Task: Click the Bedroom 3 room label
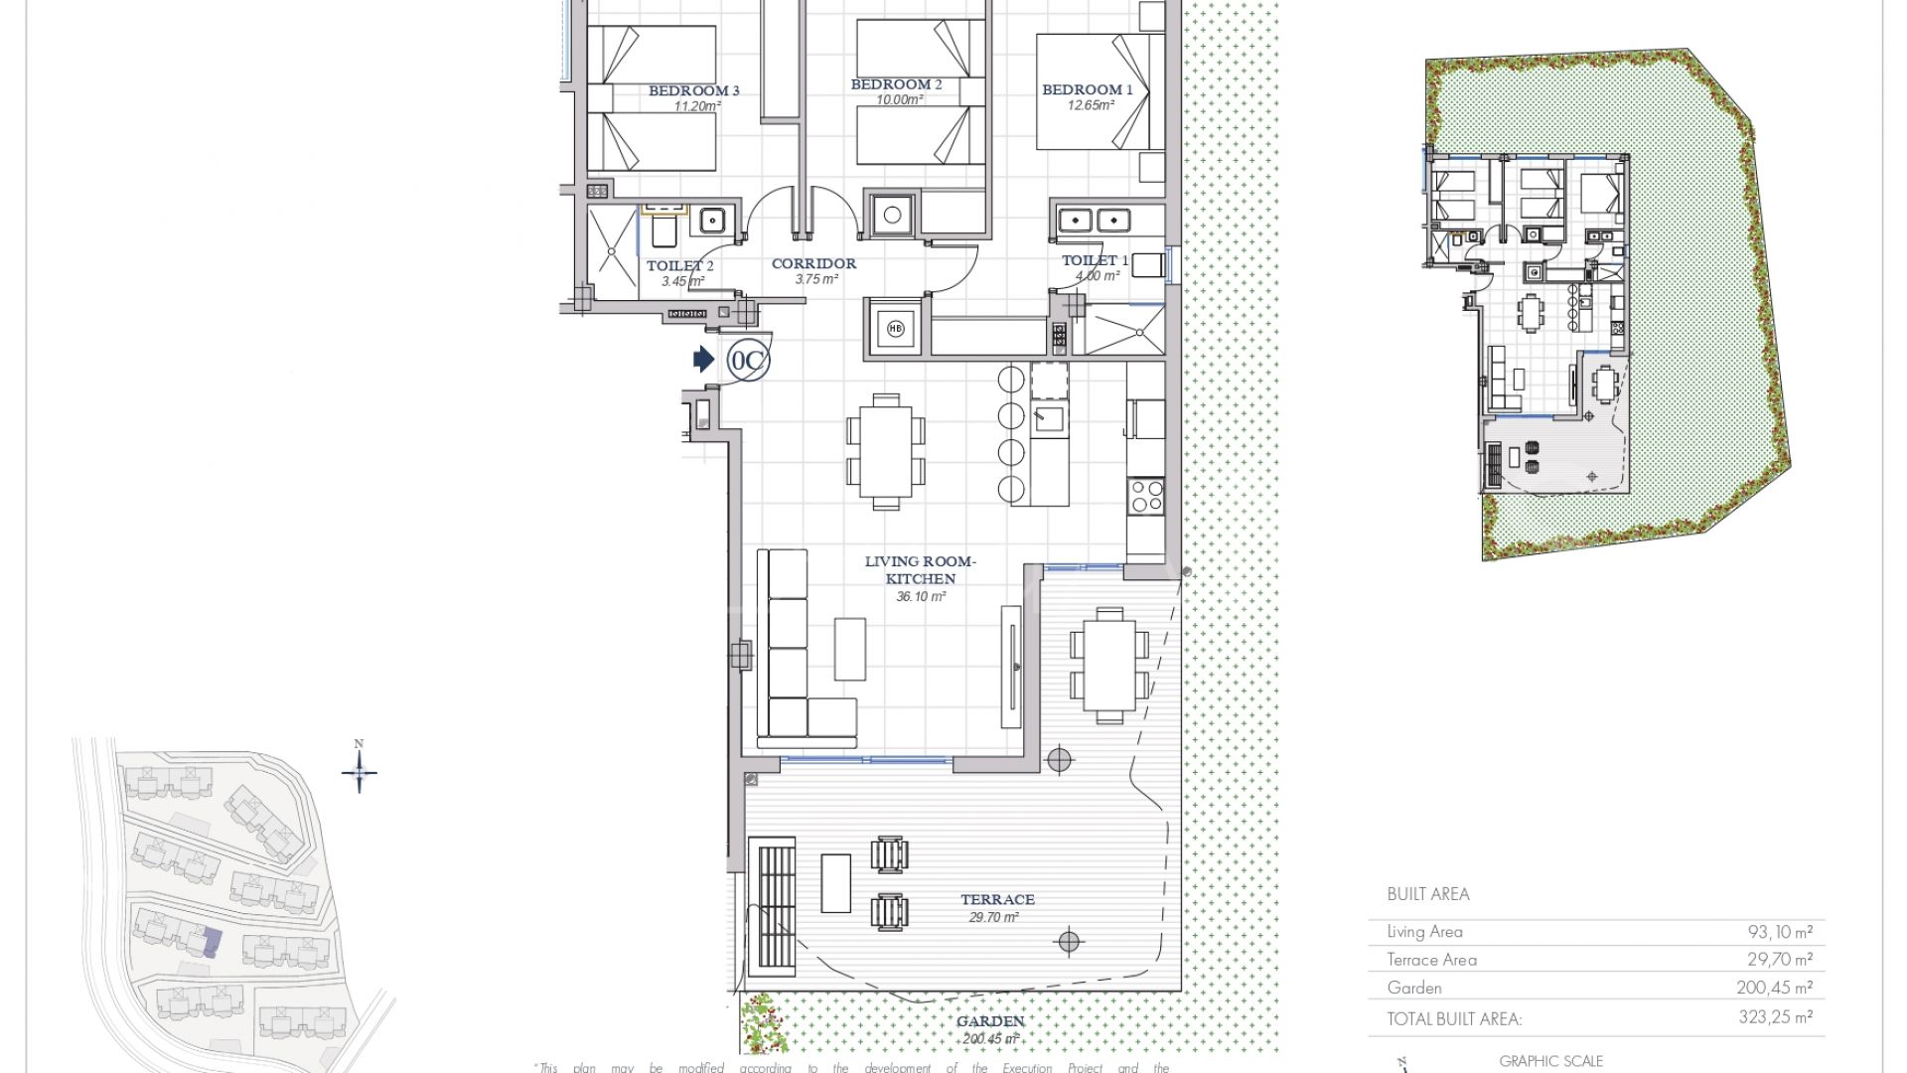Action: coord(693,90)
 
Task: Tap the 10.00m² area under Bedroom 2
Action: coord(896,100)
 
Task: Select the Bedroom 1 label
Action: coord(1087,89)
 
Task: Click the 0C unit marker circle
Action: coord(747,360)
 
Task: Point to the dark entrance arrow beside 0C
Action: coord(703,359)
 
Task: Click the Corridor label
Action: coord(813,263)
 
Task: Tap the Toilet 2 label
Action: coord(679,265)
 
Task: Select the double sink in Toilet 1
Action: coord(1093,220)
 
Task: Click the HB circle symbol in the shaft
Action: coord(896,329)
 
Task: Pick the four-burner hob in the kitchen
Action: coord(1146,495)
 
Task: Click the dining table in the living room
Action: coord(885,452)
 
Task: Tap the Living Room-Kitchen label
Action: coord(920,569)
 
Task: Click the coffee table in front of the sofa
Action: coord(849,649)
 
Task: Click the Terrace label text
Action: coord(997,899)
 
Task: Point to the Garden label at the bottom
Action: coord(990,1021)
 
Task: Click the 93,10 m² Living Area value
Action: coord(1780,932)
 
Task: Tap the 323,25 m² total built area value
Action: coord(1780,1017)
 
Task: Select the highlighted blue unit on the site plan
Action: coord(210,941)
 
